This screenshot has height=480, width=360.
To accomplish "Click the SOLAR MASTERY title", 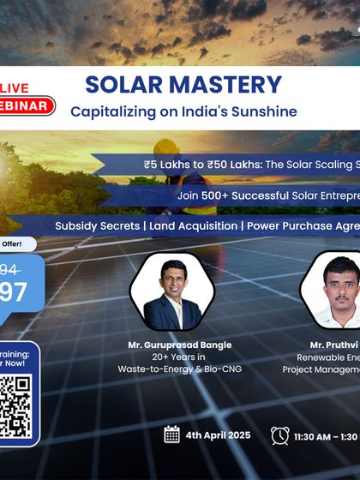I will coord(183,85).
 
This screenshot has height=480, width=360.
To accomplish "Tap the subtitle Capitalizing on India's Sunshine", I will coord(183,111).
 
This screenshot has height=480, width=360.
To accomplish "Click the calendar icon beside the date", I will coord(171,435).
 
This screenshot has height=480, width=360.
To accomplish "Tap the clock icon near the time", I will coord(279,435).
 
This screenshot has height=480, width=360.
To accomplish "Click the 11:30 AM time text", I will coord(313,436).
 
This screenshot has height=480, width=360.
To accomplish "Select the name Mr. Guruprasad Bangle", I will coord(179,345).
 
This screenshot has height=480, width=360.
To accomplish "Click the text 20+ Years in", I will coord(179,357).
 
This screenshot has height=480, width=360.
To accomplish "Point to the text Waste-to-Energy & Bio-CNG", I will coord(179,369).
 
